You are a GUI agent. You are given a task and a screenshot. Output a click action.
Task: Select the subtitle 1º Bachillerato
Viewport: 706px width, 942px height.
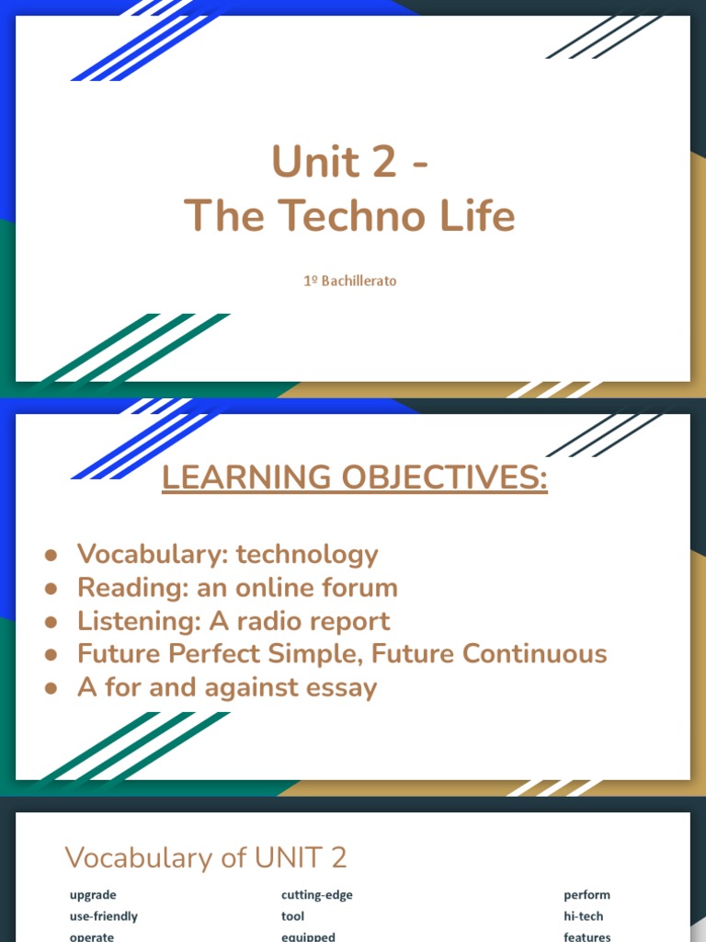[349, 281]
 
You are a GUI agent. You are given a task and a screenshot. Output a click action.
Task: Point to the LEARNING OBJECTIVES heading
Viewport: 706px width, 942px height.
[354, 477]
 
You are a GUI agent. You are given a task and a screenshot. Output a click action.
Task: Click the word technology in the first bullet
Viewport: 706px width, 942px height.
[307, 555]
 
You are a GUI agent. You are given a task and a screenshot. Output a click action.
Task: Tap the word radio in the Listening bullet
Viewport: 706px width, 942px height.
[270, 621]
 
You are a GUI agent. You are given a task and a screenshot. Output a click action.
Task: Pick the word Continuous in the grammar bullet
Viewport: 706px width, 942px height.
[535, 654]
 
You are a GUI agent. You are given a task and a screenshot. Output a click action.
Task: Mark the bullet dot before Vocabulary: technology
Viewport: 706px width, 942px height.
[51, 556]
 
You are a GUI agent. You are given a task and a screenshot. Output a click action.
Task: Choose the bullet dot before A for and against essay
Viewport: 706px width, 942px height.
[51, 688]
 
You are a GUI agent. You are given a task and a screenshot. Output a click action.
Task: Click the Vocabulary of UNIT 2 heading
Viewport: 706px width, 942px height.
[206, 857]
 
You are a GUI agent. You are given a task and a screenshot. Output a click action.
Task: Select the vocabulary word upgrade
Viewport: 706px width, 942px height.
[93, 894]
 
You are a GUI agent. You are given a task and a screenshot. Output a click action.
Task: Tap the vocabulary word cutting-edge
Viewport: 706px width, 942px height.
[317, 894]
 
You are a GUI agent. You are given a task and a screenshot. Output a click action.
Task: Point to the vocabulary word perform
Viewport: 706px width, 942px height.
[586, 894]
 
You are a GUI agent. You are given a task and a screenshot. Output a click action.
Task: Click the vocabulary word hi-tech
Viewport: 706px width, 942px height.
[584, 915]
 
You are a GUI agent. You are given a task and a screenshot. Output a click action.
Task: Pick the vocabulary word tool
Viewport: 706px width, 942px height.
[292, 915]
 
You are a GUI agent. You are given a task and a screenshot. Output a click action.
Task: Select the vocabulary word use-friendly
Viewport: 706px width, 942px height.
[104, 915]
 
